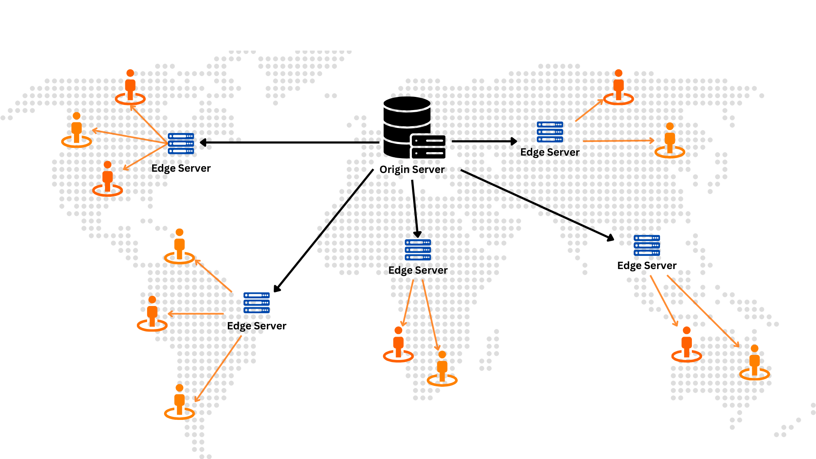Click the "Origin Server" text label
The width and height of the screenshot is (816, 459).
[x=412, y=170]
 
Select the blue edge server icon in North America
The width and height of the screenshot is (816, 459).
[x=181, y=144]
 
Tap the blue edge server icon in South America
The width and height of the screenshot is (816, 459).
[x=257, y=303]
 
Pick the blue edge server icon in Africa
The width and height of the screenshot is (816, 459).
[x=418, y=250]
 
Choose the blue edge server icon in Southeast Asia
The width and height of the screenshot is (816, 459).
[x=647, y=245]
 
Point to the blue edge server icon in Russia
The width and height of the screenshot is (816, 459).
[x=550, y=132]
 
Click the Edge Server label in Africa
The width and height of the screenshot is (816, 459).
[x=418, y=270]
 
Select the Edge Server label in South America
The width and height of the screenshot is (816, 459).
[x=257, y=326]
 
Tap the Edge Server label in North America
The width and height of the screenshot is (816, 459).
[x=181, y=168]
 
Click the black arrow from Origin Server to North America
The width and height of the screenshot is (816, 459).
[x=289, y=142]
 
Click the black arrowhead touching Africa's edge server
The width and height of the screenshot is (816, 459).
[x=417, y=234]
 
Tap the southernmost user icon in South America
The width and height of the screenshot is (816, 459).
[x=179, y=402]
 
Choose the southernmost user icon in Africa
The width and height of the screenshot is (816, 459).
[x=442, y=368]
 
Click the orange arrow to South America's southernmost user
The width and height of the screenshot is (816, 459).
[x=218, y=369]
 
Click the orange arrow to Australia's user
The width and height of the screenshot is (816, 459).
[x=703, y=312]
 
